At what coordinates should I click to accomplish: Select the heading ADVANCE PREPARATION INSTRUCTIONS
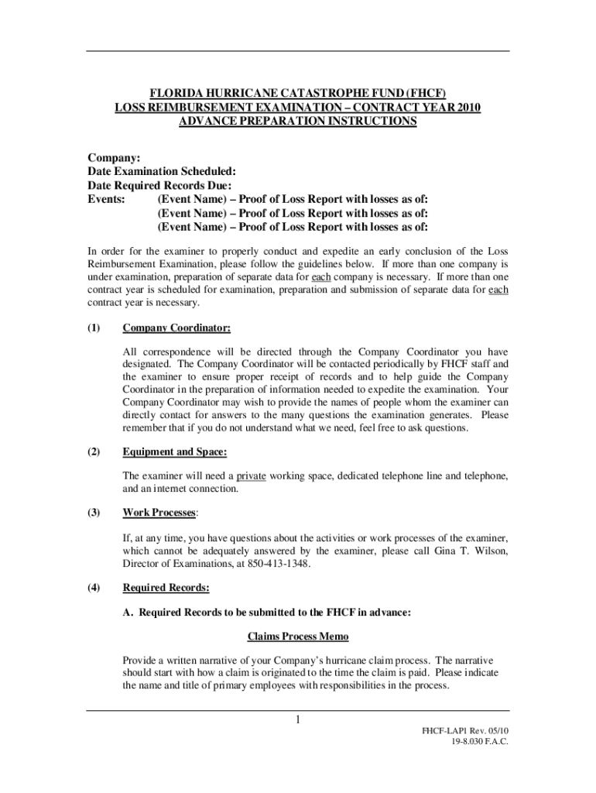pyautogui.click(x=298, y=122)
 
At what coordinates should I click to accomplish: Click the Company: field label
pyautogui.click(x=108, y=157)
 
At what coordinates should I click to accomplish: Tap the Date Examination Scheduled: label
pyautogui.click(x=161, y=171)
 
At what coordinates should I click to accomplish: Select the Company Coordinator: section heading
pyautogui.click(x=176, y=328)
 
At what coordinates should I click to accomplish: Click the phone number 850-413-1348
pyautogui.click(x=279, y=564)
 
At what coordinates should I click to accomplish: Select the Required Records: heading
pyautogui.click(x=166, y=588)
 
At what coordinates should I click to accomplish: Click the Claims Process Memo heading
pyautogui.click(x=298, y=637)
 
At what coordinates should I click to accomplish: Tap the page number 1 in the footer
pyautogui.click(x=298, y=722)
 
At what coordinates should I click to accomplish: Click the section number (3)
pyautogui.click(x=94, y=513)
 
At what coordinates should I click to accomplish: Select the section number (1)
pyautogui.click(x=94, y=328)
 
